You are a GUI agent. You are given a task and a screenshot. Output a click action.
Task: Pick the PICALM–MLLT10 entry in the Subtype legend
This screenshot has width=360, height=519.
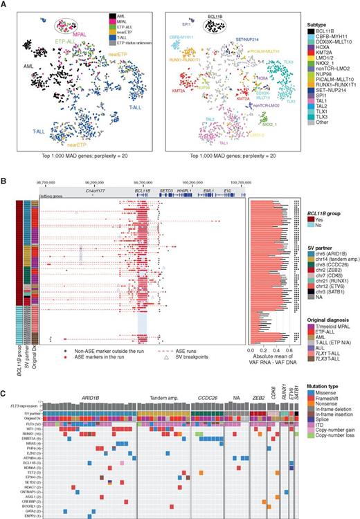click(x=328, y=89)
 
